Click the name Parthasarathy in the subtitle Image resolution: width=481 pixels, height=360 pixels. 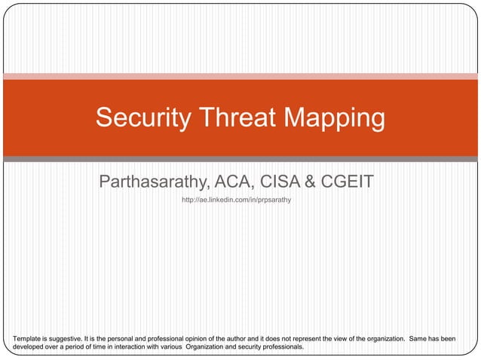[x=155, y=182]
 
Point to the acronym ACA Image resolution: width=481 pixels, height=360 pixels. [x=234, y=182]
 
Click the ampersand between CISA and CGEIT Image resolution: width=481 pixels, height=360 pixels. [x=309, y=182]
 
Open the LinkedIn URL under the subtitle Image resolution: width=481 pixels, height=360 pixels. [x=236, y=200]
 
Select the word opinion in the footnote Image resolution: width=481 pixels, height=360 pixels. [x=198, y=339]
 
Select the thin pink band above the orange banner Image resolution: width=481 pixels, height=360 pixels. [x=240, y=76]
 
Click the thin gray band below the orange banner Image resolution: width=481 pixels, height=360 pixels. [x=240, y=159]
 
